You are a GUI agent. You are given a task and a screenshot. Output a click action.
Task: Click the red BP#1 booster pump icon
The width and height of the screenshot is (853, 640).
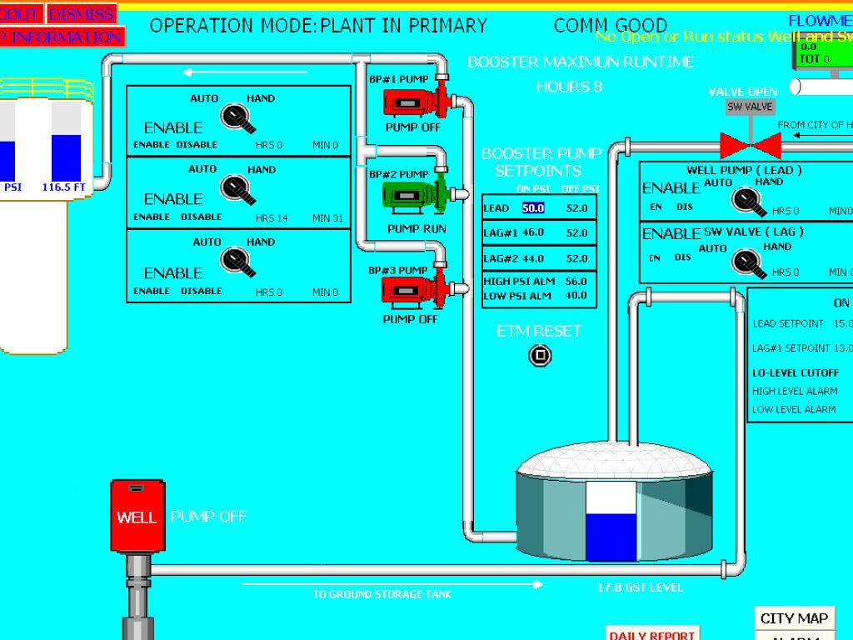(x=412, y=102)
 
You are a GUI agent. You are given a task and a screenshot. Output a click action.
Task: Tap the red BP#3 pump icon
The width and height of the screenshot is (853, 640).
(x=412, y=290)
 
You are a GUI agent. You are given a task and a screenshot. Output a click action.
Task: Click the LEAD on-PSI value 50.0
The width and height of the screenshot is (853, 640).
(x=533, y=208)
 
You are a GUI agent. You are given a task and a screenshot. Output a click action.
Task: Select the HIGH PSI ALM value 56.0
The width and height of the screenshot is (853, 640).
(x=576, y=282)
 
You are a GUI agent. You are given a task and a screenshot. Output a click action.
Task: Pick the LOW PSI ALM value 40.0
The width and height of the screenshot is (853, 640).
(x=576, y=296)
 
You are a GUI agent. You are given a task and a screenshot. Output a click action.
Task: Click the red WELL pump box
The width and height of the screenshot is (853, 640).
(x=136, y=517)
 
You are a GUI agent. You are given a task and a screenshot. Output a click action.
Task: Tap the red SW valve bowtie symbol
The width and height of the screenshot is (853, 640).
(x=750, y=146)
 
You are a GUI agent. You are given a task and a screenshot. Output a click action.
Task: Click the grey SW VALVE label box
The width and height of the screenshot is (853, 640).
(x=750, y=107)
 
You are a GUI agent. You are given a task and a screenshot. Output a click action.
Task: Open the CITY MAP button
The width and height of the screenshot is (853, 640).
(x=794, y=618)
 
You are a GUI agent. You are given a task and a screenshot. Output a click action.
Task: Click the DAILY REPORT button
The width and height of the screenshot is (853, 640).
(x=651, y=634)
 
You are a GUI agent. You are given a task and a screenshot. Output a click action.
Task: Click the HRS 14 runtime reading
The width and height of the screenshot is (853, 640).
(x=272, y=218)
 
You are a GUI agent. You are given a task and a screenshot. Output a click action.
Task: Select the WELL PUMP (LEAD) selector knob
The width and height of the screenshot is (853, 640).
(x=745, y=200)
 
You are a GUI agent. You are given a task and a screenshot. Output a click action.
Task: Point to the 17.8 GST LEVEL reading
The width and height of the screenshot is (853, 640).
(x=639, y=588)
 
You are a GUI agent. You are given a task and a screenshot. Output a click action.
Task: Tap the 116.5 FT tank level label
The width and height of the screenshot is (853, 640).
(x=64, y=187)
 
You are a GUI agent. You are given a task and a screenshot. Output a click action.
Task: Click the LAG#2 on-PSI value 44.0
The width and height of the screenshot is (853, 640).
(x=533, y=258)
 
